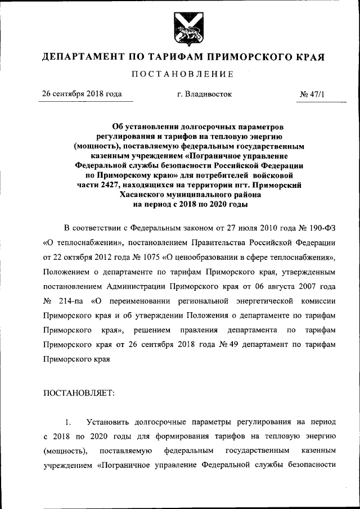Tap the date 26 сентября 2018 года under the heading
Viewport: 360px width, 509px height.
83,94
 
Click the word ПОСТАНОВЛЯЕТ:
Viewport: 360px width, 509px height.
79,393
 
